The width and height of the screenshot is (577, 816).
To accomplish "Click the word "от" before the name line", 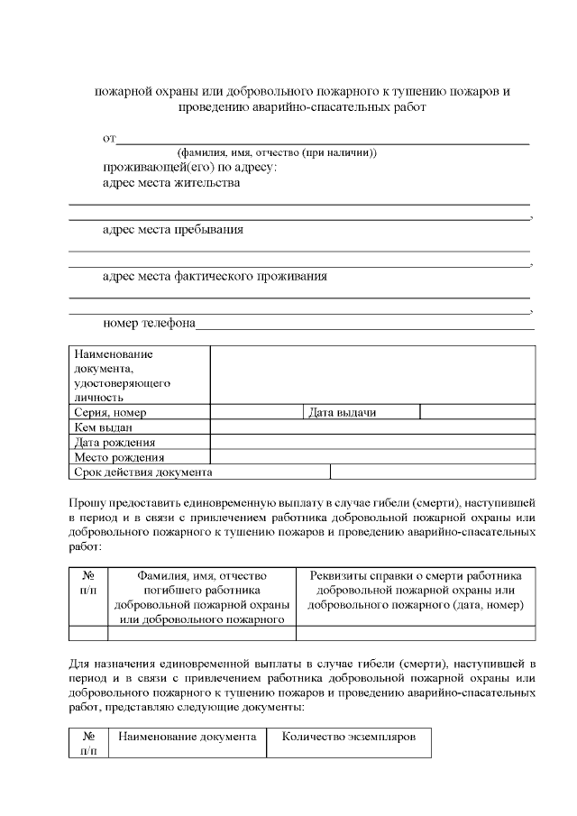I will click(x=109, y=139).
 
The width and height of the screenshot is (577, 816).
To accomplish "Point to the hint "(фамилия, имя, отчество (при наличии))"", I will click(x=277, y=152).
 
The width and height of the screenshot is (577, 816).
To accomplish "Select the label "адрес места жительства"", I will click(x=171, y=183).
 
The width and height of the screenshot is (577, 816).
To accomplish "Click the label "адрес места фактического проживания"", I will click(x=215, y=277).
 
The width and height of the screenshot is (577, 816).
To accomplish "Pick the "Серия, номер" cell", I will click(x=139, y=412).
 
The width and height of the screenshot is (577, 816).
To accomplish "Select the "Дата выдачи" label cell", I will click(x=360, y=412).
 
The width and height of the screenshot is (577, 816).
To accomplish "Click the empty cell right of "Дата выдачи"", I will click(x=477, y=412).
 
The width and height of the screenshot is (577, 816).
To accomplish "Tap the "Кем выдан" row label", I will click(x=139, y=427).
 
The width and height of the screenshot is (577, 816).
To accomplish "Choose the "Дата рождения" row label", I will click(x=139, y=442).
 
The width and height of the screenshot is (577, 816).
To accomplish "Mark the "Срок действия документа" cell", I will click(x=199, y=472).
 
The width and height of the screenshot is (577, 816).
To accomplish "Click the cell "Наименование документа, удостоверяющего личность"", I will click(x=139, y=375).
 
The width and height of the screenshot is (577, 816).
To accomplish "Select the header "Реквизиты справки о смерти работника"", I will click(x=416, y=575).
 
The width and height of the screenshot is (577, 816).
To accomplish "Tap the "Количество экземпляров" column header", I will click(x=349, y=737).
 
